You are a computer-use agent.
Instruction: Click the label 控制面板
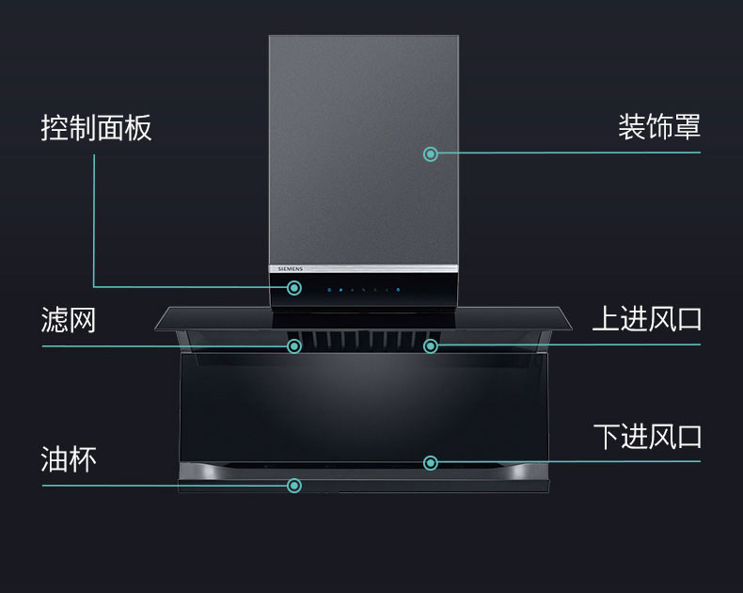[96, 128]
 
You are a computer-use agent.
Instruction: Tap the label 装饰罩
[658, 126]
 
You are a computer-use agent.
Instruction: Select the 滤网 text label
[69, 320]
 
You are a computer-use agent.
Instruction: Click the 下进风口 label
[647, 437]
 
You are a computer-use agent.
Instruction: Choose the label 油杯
[69, 459]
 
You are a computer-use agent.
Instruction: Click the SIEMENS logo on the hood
[290, 269]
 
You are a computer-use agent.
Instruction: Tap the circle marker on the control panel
[294, 288]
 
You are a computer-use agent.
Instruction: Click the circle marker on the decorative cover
[431, 153]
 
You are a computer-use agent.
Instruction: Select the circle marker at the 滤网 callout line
[294, 346]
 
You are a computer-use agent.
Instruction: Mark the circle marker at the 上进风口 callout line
[431, 346]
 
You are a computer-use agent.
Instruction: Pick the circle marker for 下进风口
[431, 462]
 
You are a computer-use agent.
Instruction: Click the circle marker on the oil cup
[294, 486]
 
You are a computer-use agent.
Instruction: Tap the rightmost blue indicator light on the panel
[398, 289]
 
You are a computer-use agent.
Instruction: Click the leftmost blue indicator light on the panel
[329, 289]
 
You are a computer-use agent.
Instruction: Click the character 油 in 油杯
[55, 459]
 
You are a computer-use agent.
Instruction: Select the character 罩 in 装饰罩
[687, 126]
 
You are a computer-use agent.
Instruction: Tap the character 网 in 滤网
[83, 320]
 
